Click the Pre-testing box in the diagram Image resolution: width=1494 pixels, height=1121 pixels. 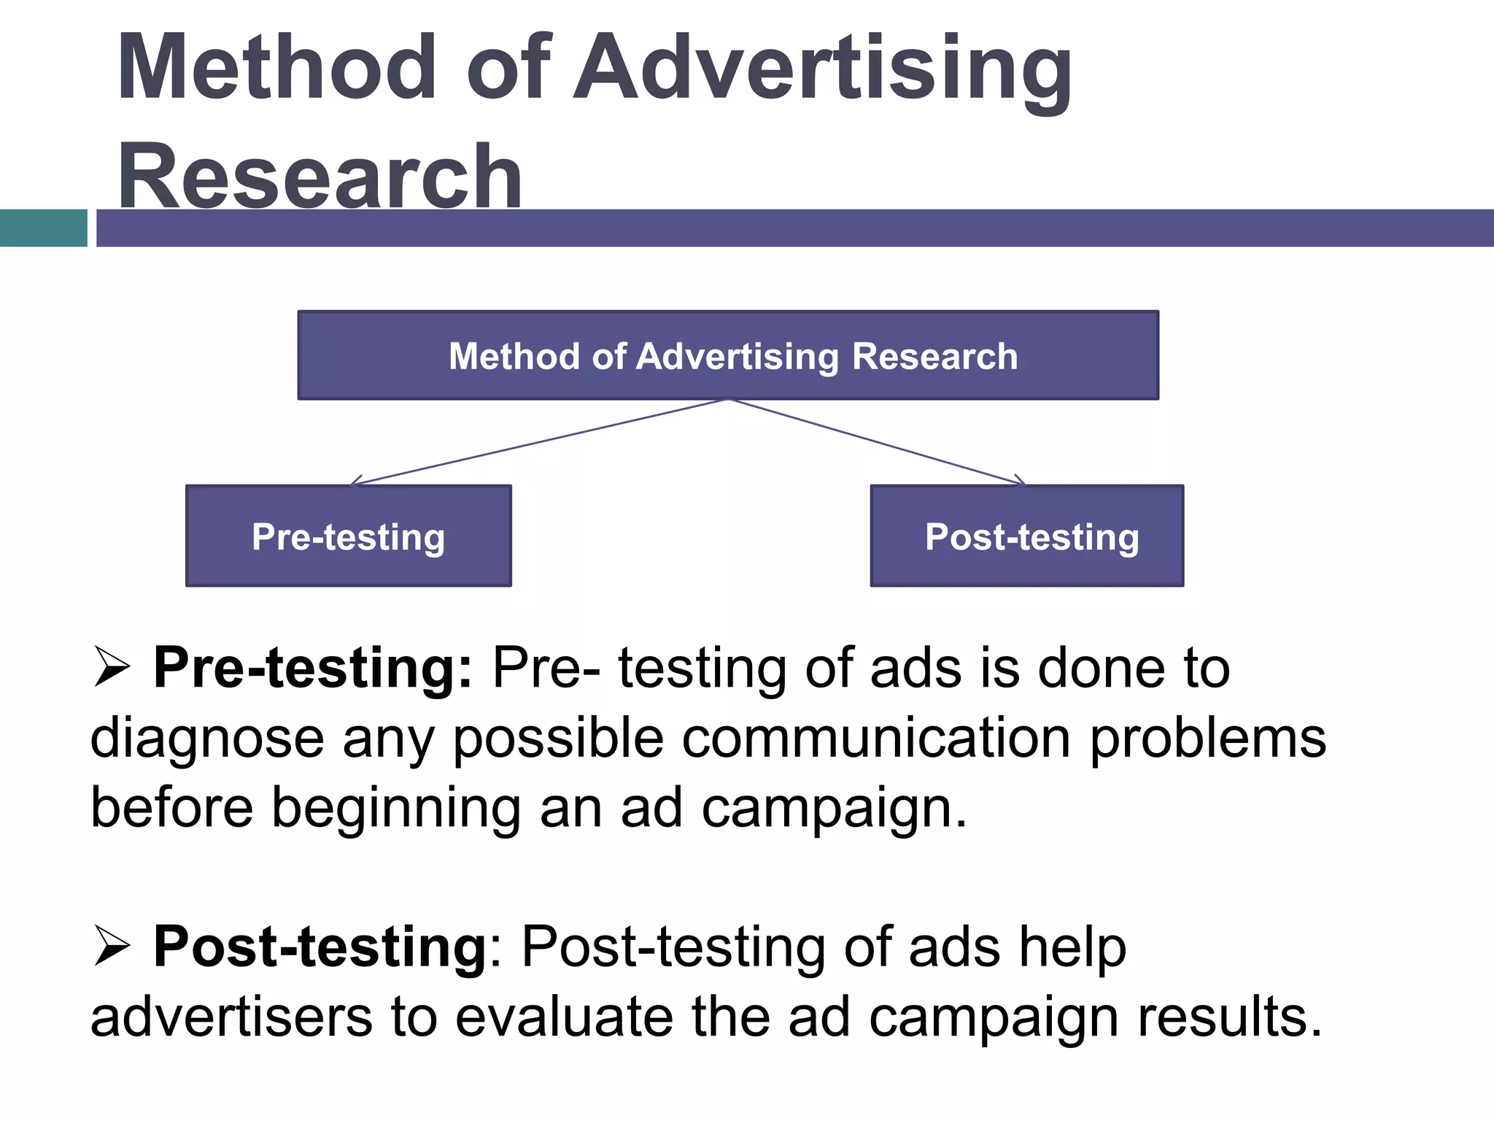coord(349,536)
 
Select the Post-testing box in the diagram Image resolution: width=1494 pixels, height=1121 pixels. coord(1027,536)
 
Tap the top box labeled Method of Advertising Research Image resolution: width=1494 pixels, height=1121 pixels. coord(728,355)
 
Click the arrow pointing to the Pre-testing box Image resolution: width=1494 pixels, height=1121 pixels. coord(540,442)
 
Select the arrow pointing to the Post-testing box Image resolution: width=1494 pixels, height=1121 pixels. coord(875,442)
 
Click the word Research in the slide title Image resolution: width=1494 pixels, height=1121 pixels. coord(320,177)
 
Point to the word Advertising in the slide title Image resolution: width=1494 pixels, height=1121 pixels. coord(823,68)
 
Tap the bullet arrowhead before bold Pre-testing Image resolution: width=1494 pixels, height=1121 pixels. coord(112,667)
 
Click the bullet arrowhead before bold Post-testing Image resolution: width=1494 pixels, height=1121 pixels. coord(112,947)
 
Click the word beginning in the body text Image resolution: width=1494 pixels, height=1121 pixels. coord(396,809)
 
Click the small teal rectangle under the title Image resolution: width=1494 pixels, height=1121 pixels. coord(43,228)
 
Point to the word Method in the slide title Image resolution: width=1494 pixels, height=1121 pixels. coord(276,68)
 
